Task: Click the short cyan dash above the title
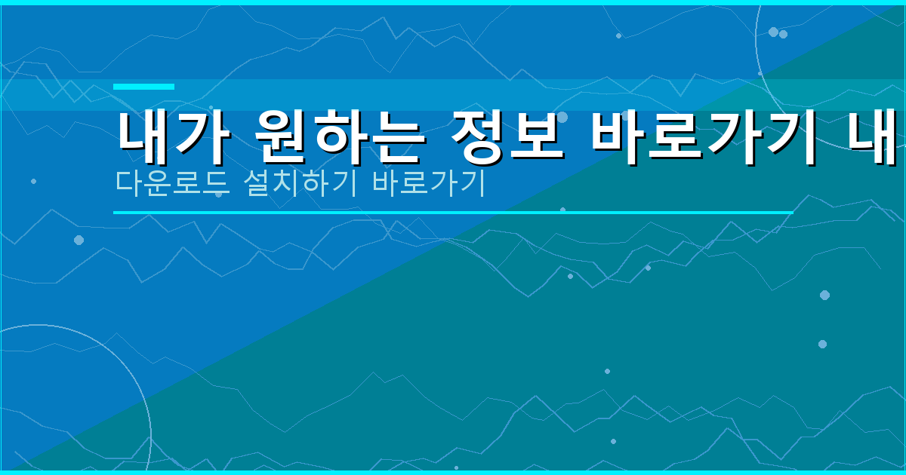pyautogui.click(x=143, y=87)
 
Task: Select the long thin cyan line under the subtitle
pyautogui.click(x=453, y=213)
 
